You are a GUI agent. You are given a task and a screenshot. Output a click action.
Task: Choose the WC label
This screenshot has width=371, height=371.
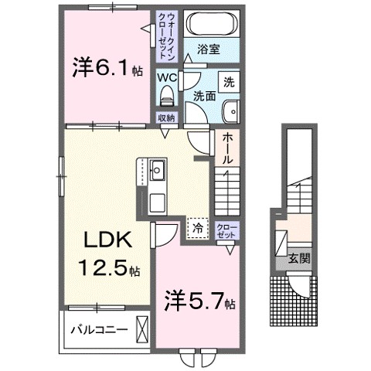[x=167, y=77]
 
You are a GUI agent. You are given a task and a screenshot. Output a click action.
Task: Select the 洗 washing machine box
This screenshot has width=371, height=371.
[x=230, y=80]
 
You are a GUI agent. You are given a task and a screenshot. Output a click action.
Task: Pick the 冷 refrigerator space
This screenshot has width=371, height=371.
[x=196, y=229]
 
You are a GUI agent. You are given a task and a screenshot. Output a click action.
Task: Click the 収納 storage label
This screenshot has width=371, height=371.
[x=167, y=118]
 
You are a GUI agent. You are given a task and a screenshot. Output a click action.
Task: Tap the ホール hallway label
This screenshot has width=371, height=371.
[x=229, y=148]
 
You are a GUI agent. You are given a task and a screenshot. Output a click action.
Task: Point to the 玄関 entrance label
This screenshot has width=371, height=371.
[x=300, y=259]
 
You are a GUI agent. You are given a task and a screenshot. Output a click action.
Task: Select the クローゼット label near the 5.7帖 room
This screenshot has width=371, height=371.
[x=227, y=230]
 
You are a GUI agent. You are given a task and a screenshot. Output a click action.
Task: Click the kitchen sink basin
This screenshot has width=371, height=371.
[x=156, y=168]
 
